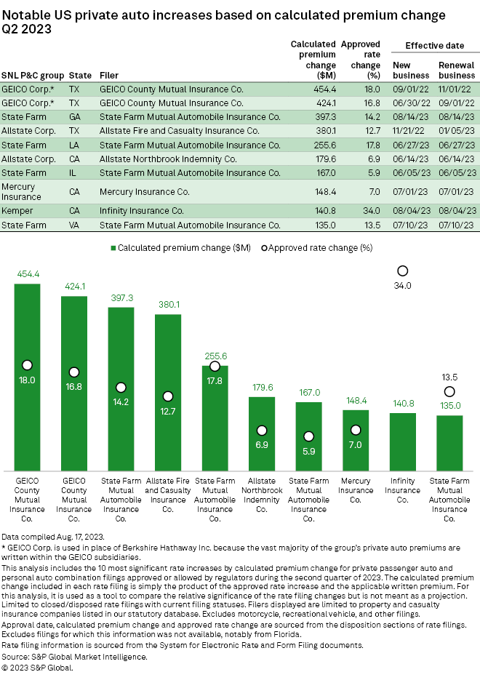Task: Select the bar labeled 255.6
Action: tap(215, 417)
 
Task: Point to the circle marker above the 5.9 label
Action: tap(308, 436)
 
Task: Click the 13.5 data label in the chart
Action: tap(449, 378)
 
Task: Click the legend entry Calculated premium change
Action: tap(181, 248)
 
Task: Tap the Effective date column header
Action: tap(434, 46)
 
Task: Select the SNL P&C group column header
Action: tap(33, 75)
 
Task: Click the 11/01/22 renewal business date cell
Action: tap(456, 89)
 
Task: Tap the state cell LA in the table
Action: tap(74, 145)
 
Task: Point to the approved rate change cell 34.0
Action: tap(371, 211)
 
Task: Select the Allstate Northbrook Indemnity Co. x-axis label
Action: tap(261, 495)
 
